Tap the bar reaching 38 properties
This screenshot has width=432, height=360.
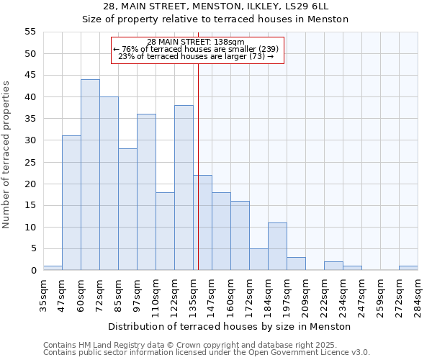[184, 188]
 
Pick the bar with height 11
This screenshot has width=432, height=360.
[277, 246]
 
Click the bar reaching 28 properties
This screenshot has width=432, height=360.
[127, 210]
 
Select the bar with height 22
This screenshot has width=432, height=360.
[202, 222]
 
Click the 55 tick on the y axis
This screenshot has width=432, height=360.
[30, 32]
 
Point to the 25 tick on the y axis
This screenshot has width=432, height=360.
[30, 162]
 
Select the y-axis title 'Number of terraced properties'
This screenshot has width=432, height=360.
[6, 154]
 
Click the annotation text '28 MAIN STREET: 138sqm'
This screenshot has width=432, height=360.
[196, 42]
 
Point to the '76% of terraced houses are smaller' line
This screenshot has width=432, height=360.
[196, 49]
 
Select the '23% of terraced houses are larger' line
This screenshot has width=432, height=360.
[196, 56]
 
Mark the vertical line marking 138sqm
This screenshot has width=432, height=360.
[198, 166]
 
